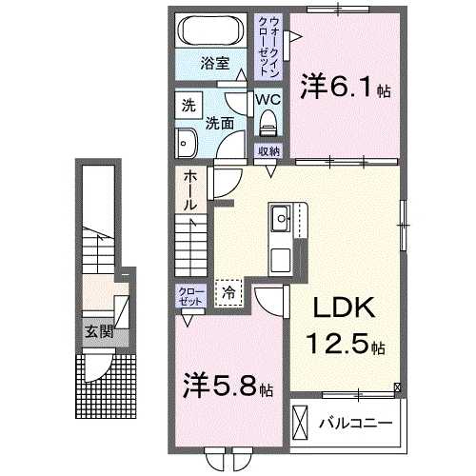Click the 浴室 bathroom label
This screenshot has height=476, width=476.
click(x=214, y=64)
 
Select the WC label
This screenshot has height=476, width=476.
click(x=266, y=98)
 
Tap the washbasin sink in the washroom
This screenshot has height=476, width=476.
click(x=186, y=142)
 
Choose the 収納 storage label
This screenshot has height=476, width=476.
click(x=268, y=151)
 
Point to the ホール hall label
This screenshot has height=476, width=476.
click(x=190, y=190)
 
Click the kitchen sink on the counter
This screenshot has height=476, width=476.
click(x=282, y=221)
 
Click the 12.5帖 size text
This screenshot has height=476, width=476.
click(x=345, y=345)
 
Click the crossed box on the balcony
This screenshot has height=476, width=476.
click(x=301, y=420)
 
